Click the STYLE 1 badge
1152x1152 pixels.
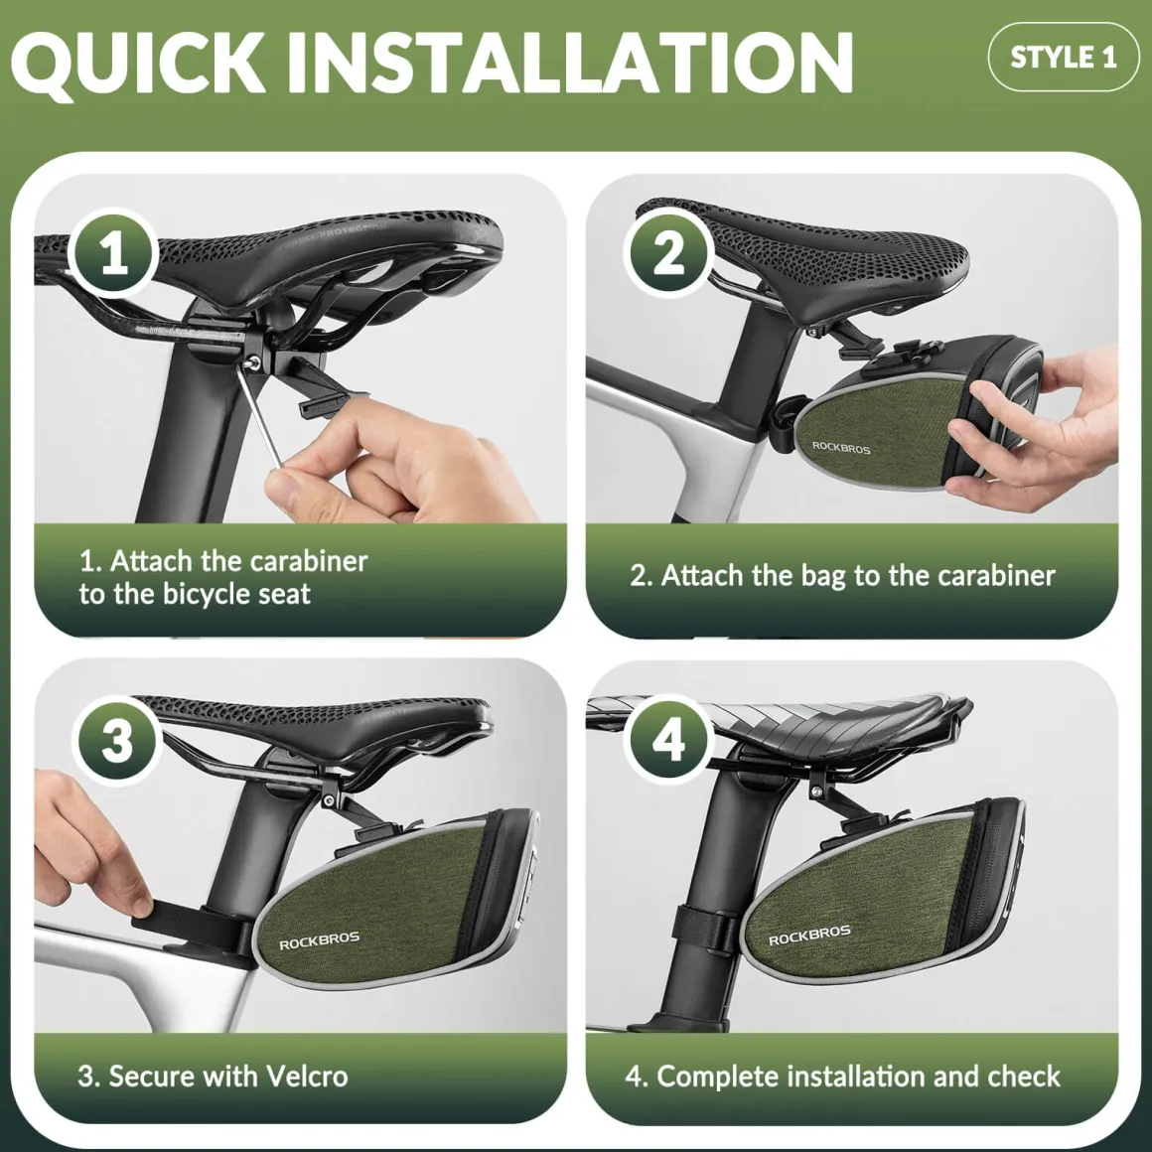(1063, 57)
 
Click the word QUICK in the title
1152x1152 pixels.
(139, 63)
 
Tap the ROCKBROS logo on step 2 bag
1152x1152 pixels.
(840, 447)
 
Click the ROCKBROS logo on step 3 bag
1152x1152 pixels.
(319, 940)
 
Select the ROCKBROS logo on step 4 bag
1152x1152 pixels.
(809, 936)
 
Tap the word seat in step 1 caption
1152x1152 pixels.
(285, 594)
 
